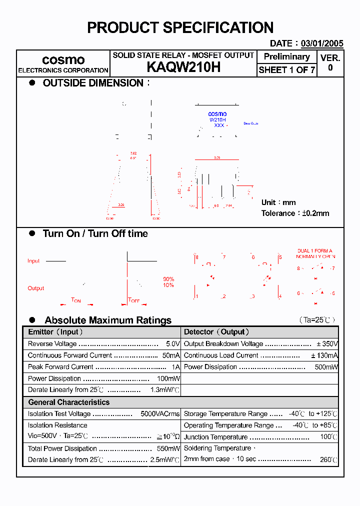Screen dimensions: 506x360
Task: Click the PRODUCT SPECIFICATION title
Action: [x=180, y=27]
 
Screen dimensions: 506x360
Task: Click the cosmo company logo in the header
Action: [x=63, y=60]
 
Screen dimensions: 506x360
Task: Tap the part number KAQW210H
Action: [x=183, y=68]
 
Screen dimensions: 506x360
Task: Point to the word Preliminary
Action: [x=286, y=57]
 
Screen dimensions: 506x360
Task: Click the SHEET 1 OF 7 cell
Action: [x=286, y=70]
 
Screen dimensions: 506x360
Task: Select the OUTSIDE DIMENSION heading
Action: [x=93, y=83]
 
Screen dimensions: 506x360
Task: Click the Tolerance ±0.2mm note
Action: [x=295, y=213]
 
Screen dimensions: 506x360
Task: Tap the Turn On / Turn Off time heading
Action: [x=95, y=233]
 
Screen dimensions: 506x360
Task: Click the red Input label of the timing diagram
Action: [x=33, y=261]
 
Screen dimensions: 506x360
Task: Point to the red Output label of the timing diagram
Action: [x=35, y=288]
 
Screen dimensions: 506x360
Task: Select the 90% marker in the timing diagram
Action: [x=168, y=279]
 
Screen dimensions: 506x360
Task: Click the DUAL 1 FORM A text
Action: [x=314, y=251]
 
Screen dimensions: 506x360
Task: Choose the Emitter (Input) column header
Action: [x=55, y=332]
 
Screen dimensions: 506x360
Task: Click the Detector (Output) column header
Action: [x=216, y=332]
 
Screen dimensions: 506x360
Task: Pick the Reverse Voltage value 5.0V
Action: [x=172, y=344]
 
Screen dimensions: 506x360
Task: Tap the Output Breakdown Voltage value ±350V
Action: [x=327, y=344]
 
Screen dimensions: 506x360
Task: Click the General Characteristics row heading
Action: [x=68, y=402]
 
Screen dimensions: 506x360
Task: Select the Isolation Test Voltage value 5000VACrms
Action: [x=160, y=414]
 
